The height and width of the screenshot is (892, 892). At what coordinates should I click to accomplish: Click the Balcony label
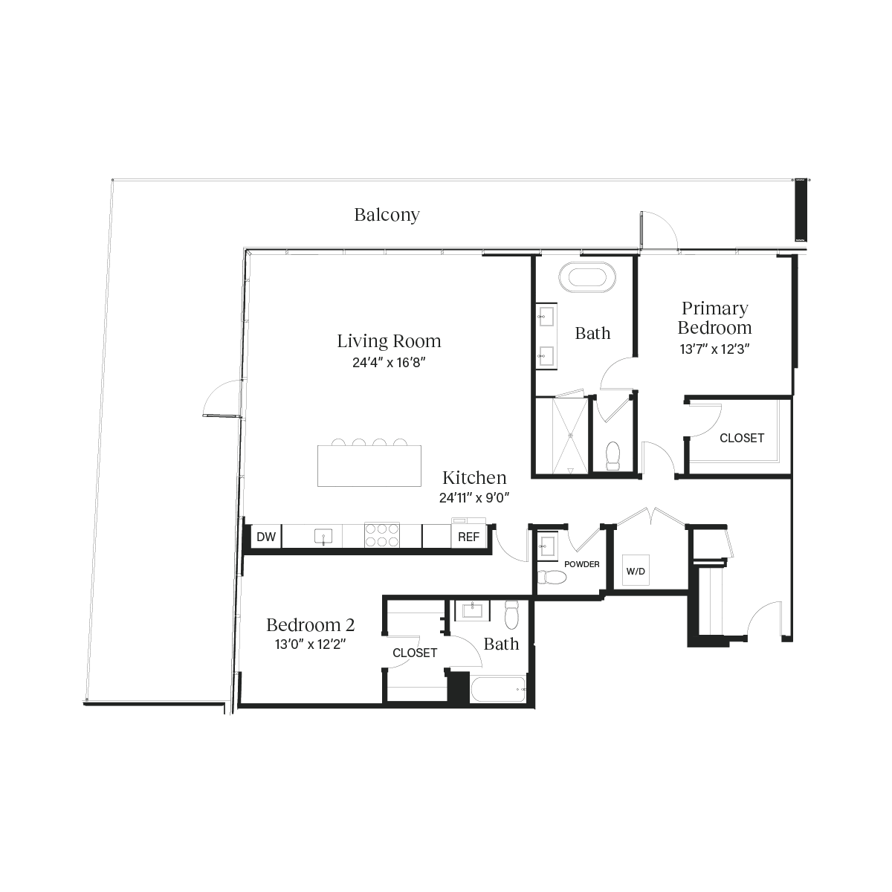[387, 216]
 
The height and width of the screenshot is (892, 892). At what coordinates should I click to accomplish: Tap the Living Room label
[389, 341]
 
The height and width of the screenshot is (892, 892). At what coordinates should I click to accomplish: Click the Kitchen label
[474, 478]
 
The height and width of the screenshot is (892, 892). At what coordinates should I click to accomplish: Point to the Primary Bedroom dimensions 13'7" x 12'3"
[713, 348]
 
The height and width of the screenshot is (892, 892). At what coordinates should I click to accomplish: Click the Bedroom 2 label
[310, 625]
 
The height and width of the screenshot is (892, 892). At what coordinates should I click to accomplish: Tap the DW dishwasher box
[264, 537]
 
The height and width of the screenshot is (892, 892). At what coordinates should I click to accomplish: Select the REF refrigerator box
[468, 537]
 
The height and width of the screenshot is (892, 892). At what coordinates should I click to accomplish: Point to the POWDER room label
[581, 565]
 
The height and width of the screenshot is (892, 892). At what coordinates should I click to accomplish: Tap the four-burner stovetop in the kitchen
[382, 535]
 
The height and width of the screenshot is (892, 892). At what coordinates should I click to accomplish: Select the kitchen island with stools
[369, 465]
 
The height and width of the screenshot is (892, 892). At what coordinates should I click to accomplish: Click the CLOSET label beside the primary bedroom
[741, 439]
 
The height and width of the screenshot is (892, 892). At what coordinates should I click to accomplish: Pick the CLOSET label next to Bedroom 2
[415, 653]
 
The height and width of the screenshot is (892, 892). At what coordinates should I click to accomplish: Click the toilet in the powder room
[550, 578]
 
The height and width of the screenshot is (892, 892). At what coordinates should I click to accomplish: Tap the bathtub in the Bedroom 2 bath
[499, 690]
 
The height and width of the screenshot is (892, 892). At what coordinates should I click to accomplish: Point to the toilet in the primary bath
[613, 455]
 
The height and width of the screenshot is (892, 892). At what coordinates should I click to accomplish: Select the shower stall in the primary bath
[560, 435]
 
